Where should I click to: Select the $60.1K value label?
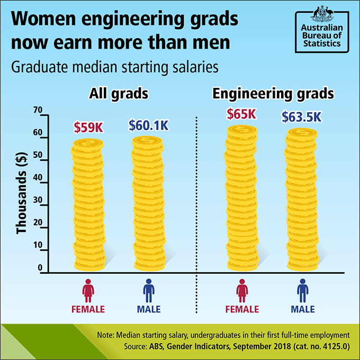tap(148, 125)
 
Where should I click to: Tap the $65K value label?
tap(241, 114)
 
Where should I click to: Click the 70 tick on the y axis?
tap(37, 110)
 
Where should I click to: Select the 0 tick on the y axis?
tap(39, 268)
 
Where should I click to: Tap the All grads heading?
tap(119, 94)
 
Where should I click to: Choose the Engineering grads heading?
tap(273, 94)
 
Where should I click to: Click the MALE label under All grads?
tap(149, 309)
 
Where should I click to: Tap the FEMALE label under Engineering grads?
tap(242, 309)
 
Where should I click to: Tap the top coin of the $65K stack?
tap(243, 129)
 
